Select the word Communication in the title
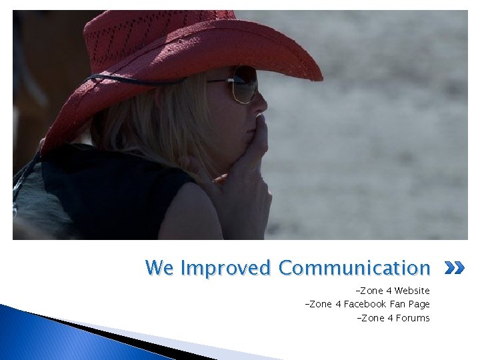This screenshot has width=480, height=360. click(354, 269)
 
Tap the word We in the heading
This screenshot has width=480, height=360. click(160, 269)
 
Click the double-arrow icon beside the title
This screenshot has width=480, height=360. click(454, 269)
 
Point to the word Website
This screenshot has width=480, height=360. click(412, 291)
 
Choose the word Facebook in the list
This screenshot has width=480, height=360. click(365, 304)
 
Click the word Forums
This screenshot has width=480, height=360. click(413, 318)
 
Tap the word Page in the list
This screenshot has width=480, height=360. click(420, 304)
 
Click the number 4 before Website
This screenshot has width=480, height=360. click(388, 291)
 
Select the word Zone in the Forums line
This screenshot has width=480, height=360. click(372, 318)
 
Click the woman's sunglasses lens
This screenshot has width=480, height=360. click(245, 83)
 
